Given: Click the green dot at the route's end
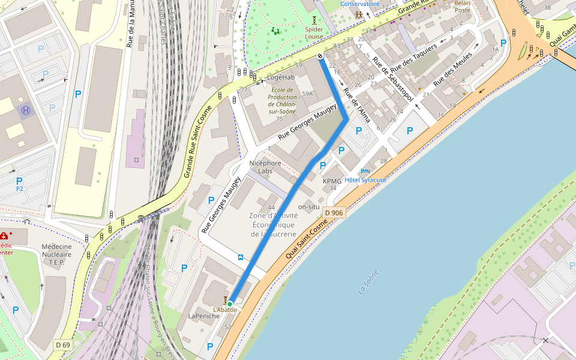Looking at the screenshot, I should click(230, 304).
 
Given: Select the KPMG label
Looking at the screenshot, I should click(332, 181).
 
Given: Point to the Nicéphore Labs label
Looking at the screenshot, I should click(265, 167).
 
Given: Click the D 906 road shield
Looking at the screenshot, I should click(334, 213).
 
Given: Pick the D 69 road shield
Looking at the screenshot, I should click(63, 344).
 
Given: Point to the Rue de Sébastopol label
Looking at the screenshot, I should click(393, 83).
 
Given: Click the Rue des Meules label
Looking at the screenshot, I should click(454, 69).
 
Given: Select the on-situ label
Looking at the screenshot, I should click(309, 206).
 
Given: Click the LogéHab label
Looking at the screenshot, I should click(281, 77).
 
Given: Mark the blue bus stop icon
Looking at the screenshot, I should click(241, 257).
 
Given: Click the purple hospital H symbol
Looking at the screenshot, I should click(26, 110).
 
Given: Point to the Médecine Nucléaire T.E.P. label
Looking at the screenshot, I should click(56, 254).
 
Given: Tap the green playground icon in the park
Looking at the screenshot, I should click(275, 31).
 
